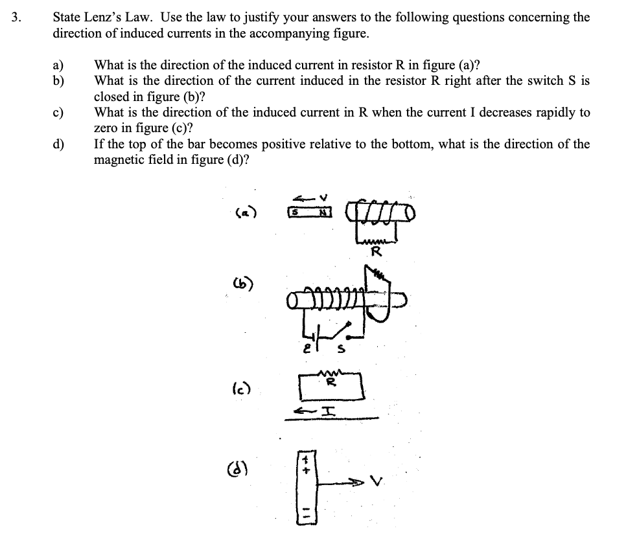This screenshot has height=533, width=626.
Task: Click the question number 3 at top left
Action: point(16,17)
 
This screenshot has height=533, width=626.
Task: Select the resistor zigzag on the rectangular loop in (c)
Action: point(330,373)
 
